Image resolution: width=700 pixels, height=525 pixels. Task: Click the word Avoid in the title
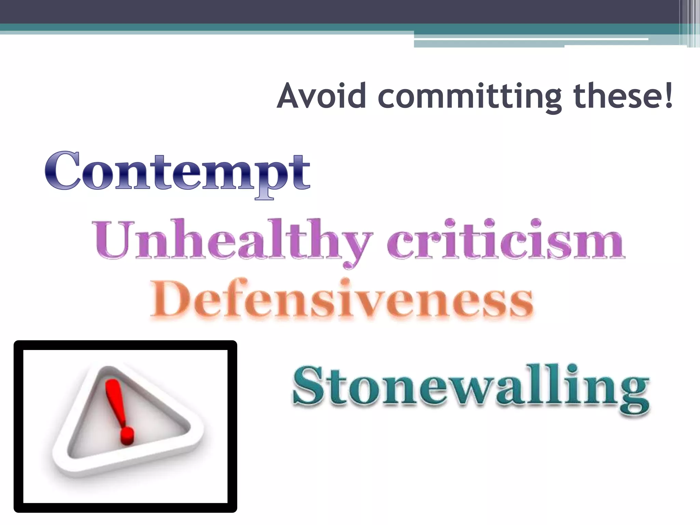click(x=321, y=96)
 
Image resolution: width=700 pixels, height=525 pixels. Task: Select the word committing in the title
click(x=470, y=97)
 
